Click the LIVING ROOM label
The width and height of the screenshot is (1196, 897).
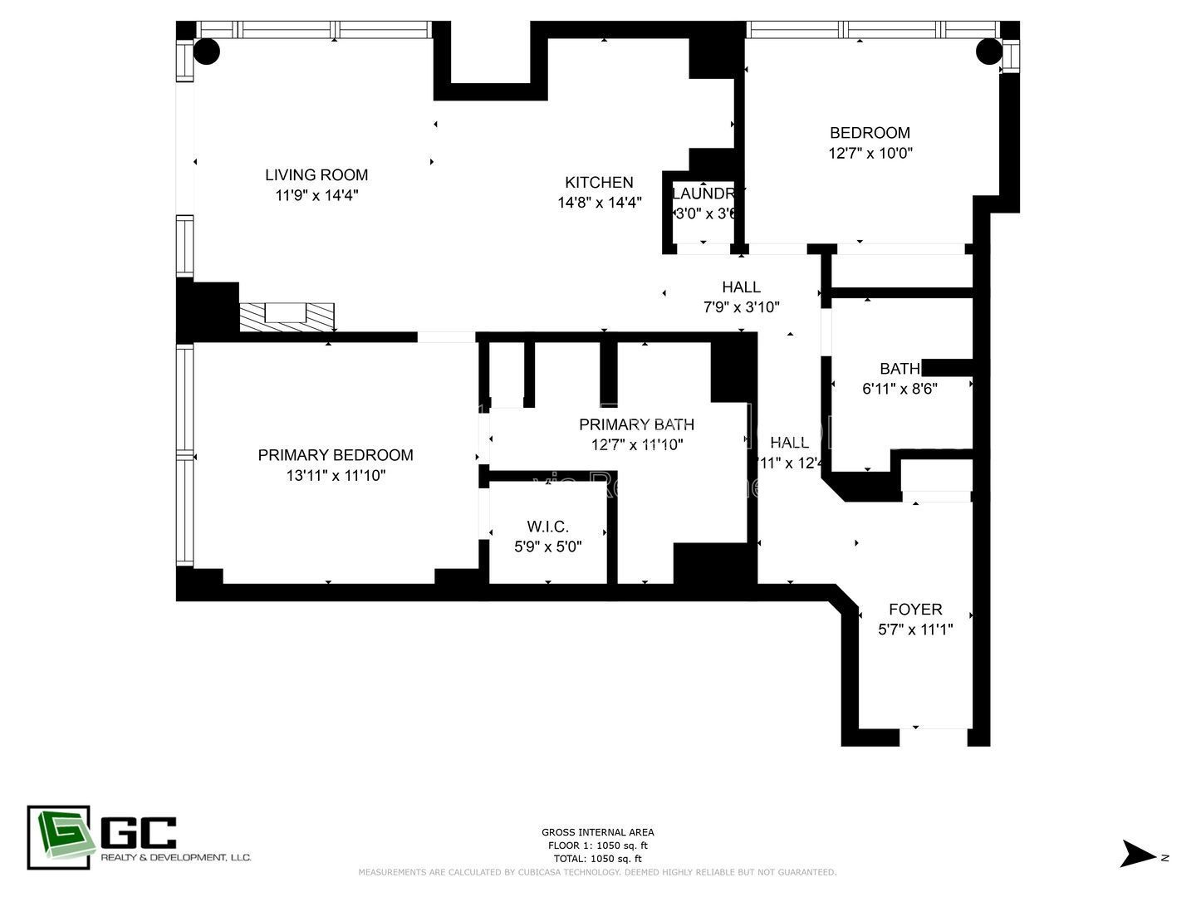point(316,174)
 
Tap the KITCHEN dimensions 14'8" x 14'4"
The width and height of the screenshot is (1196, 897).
point(599,202)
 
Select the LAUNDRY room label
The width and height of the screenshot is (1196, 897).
point(704,194)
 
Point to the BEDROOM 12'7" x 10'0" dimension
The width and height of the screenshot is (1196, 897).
point(870,153)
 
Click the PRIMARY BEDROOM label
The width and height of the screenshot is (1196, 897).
point(336,455)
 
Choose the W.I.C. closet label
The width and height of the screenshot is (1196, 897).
point(548,527)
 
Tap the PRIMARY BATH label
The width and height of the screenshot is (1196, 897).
point(636,424)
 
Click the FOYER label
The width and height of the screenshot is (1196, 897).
point(915,609)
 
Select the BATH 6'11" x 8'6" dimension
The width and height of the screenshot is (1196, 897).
point(899,388)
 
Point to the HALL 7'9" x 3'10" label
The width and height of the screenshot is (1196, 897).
point(741,287)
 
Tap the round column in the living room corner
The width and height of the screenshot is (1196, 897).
point(207,51)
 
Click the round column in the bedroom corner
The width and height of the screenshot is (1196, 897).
point(988,51)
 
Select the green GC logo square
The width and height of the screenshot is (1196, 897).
point(59,837)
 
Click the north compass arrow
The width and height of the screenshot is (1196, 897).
point(1138,855)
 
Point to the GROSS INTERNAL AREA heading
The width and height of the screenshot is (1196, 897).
point(597,832)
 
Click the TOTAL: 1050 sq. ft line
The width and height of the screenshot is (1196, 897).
point(597,859)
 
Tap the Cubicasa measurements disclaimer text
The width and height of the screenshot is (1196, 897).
point(597,872)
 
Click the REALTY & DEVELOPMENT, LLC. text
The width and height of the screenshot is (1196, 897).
point(175,857)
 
